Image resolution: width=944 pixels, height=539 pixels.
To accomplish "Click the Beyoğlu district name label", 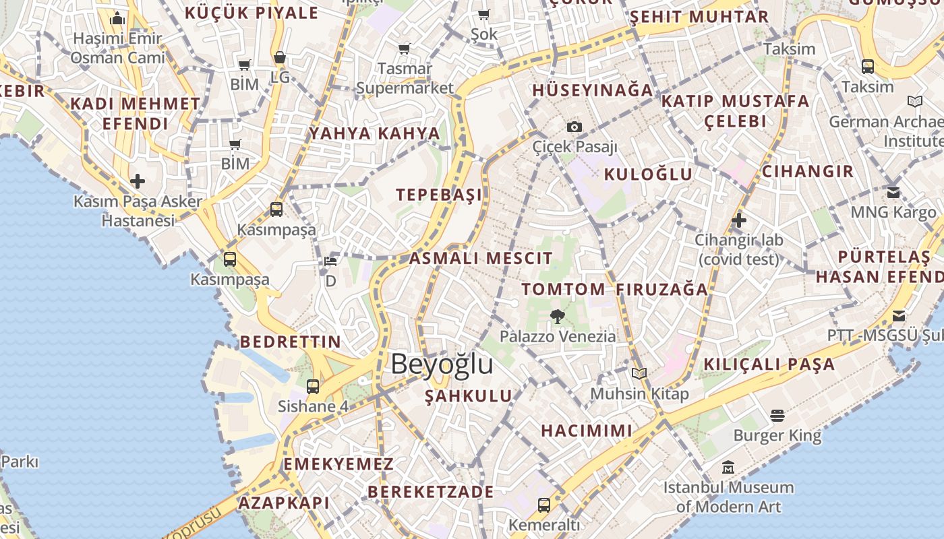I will click(442, 364).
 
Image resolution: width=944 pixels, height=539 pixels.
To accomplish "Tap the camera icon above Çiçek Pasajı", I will click(574, 127).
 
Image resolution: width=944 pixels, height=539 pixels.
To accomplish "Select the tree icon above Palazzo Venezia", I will click(557, 316).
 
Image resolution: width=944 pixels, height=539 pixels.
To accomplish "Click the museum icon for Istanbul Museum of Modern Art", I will click(728, 467).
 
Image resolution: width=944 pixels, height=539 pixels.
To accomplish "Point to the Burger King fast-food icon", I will click(777, 416).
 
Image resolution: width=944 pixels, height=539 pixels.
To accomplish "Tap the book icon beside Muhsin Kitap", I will click(639, 373).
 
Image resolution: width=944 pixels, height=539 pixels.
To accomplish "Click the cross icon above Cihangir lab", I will click(739, 220).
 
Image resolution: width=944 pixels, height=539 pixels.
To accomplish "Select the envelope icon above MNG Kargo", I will click(893, 193).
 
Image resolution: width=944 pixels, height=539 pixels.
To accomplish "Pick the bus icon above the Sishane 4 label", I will click(313, 387).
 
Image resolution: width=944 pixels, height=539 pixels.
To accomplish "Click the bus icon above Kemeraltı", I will click(543, 505).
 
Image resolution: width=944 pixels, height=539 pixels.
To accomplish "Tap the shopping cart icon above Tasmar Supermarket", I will click(405, 49).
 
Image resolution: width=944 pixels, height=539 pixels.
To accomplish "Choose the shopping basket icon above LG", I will click(280, 58).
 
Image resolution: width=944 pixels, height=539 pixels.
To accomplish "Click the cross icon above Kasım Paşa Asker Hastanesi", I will click(138, 181).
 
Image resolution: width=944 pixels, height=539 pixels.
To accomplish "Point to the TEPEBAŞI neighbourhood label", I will click(439, 195).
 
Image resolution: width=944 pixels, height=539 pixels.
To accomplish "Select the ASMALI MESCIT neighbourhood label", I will click(481, 258).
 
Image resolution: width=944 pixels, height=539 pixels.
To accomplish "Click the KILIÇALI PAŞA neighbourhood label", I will click(769, 364).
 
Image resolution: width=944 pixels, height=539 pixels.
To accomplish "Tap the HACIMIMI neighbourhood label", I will click(587, 431).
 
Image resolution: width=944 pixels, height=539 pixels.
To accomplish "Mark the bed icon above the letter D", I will click(330, 261).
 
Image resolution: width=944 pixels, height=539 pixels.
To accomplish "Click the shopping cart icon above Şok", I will click(484, 15).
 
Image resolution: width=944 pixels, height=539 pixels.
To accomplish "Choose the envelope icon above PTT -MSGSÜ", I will click(899, 316).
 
